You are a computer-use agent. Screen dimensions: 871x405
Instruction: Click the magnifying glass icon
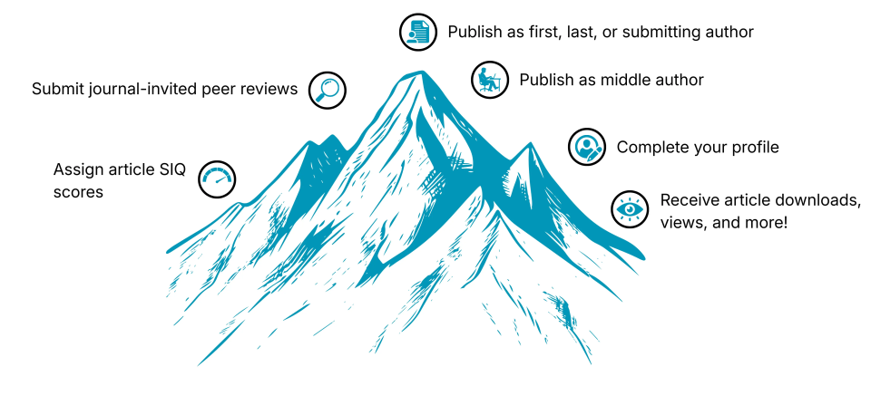[x=328, y=90]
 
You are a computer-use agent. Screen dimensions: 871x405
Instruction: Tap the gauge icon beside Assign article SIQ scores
[x=217, y=179]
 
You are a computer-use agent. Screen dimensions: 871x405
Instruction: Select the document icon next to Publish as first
[x=418, y=33]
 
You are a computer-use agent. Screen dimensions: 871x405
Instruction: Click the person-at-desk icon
[x=490, y=80]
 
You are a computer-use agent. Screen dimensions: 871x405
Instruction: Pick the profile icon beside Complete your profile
[x=587, y=147]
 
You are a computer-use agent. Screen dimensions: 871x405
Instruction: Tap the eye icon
[x=630, y=209]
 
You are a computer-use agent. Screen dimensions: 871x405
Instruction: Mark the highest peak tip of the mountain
[x=422, y=71]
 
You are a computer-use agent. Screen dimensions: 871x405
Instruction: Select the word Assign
[x=75, y=169]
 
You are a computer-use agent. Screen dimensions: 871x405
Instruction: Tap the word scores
[x=78, y=192]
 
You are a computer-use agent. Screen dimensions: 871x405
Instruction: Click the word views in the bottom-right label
[x=681, y=223]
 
